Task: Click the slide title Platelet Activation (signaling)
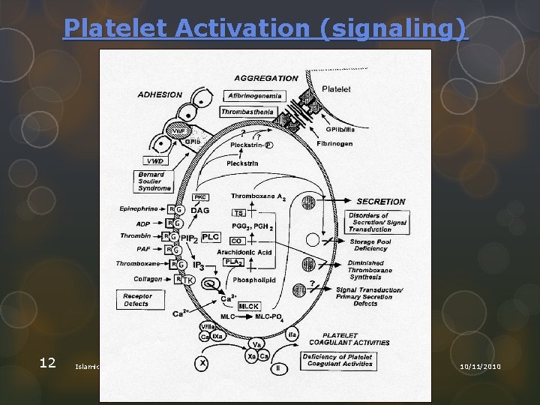point(265,28)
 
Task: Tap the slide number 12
point(47,363)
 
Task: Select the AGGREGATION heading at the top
point(265,78)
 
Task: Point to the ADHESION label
point(159,94)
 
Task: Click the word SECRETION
point(380,202)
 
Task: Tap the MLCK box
point(248,306)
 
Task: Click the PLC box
point(211,237)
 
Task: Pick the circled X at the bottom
point(202,364)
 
